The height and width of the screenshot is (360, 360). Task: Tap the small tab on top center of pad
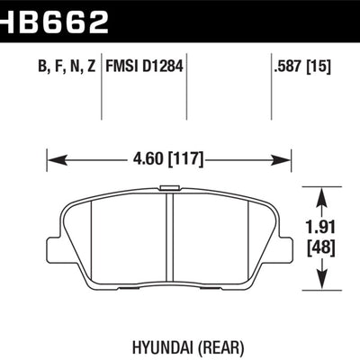pyautogui.click(x=167, y=188)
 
